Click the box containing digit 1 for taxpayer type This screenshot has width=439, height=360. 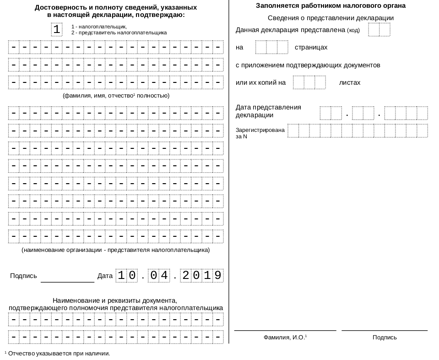(57, 30)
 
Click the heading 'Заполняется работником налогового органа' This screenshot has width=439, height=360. (331, 6)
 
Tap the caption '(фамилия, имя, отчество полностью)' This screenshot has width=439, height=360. (116, 96)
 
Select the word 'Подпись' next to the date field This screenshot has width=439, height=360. (23, 276)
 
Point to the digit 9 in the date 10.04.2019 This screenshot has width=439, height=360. (218, 276)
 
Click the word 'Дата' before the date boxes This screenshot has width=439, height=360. (105, 276)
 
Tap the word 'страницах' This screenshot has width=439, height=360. (311, 47)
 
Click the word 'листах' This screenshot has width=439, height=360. (350, 82)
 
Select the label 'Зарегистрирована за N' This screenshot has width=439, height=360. (260, 133)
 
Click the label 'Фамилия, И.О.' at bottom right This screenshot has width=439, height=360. (285, 338)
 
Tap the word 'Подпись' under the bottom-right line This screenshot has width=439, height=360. (385, 338)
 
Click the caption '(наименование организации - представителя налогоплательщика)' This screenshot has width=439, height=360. (116, 250)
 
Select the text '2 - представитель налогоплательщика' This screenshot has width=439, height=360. (119, 33)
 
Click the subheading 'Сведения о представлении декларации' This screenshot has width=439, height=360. (331, 18)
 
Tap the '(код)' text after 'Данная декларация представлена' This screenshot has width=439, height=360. (353, 31)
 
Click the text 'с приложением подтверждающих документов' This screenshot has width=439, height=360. (308, 65)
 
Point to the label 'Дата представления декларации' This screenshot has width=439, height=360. (268, 111)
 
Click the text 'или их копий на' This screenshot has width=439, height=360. (260, 82)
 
